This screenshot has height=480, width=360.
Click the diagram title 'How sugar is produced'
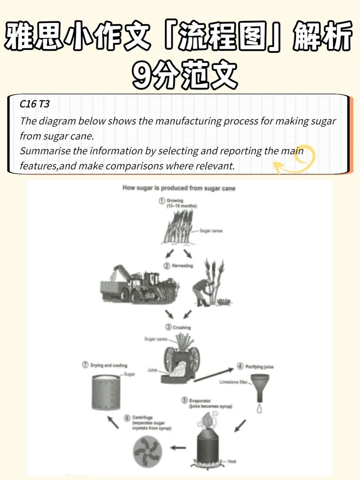[x=179, y=188]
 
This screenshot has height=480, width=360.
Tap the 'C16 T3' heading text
[x=34, y=104]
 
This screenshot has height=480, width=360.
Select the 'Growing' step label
[x=175, y=201]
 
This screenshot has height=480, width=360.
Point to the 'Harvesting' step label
[x=182, y=265]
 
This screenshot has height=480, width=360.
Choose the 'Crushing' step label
[x=181, y=327]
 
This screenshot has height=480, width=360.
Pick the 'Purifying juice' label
[x=259, y=366]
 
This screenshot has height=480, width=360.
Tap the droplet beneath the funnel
[x=259, y=409]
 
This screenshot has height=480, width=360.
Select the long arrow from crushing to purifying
[x=214, y=375]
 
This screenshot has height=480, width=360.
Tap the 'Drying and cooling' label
[x=109, y=365]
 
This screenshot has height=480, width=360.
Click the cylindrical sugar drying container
[x=106, y=393]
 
